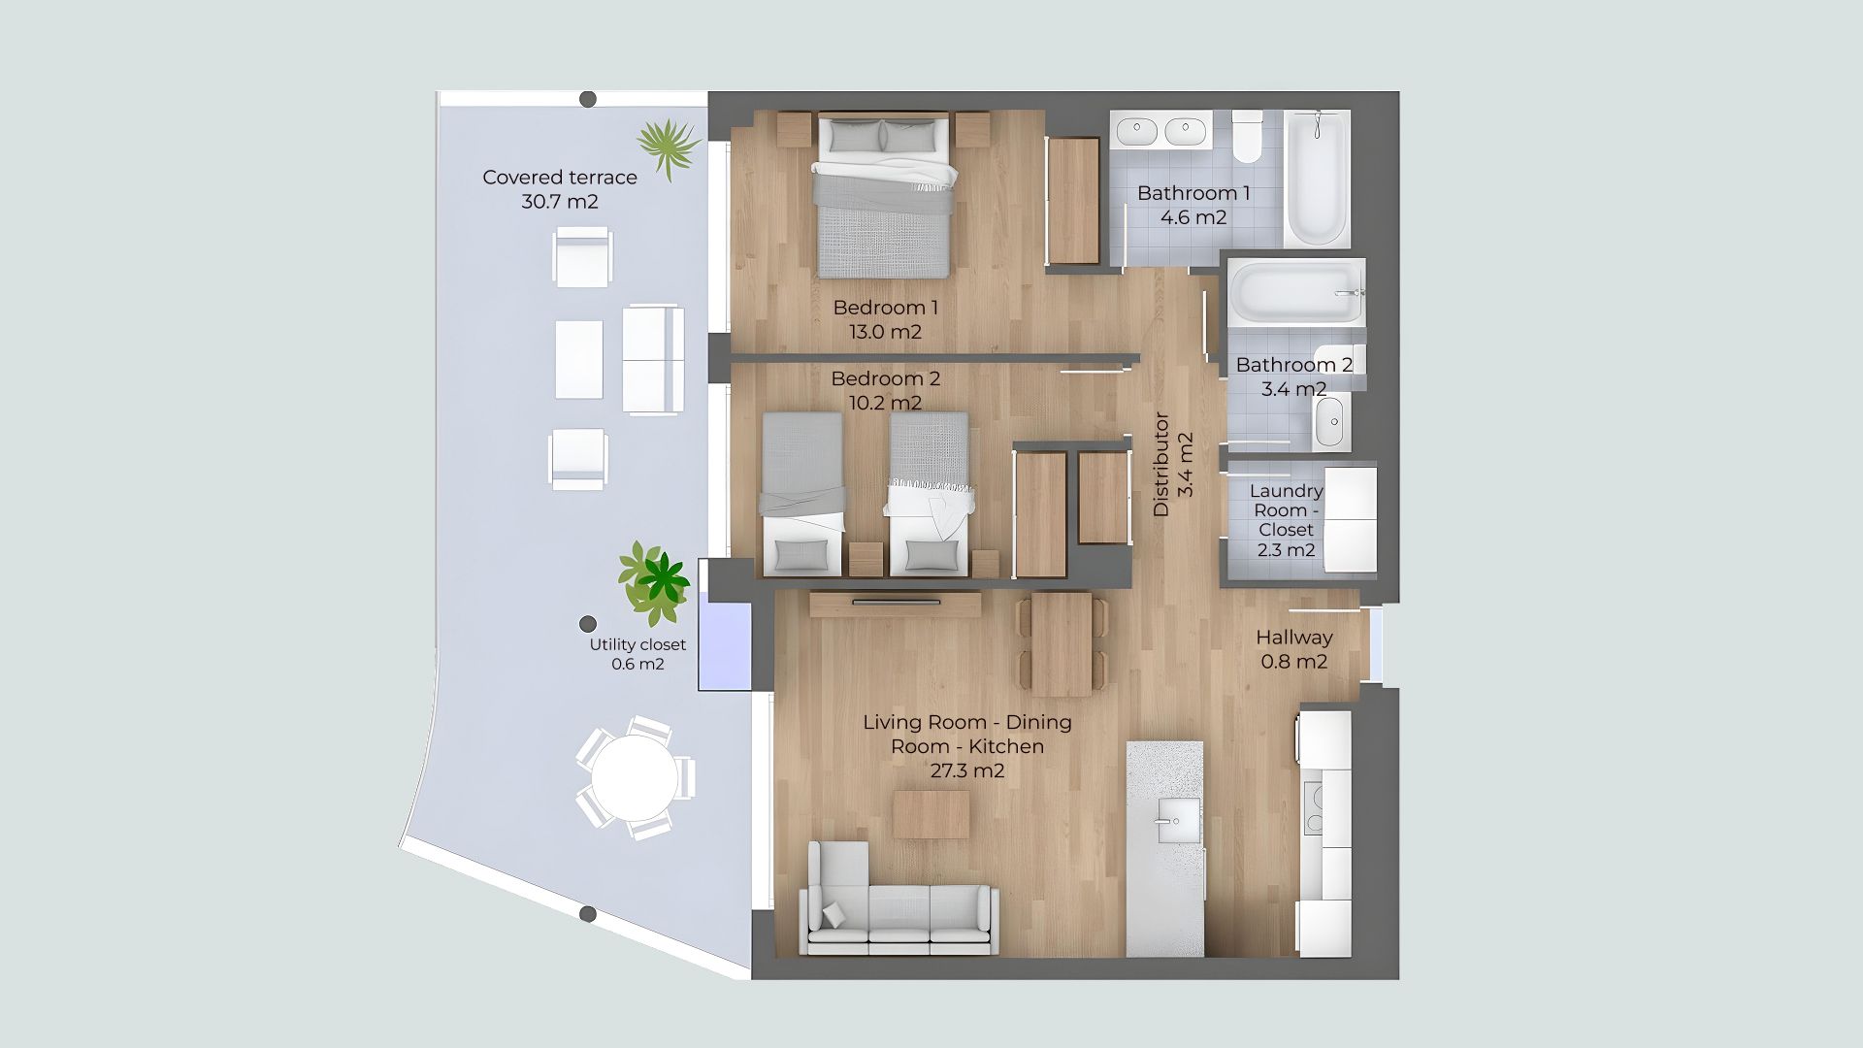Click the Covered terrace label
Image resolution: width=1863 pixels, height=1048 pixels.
coord(560,178)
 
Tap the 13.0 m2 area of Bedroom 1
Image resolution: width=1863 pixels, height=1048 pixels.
coord(885,332)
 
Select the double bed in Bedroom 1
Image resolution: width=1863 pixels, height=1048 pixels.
coord(883,197)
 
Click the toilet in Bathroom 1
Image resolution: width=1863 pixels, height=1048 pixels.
coord(1247,137)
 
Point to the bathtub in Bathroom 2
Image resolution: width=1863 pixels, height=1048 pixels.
coord(1297,294)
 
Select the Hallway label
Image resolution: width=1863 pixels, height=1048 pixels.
coord(1294,638)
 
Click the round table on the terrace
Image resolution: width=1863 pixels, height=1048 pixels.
coord(635,778)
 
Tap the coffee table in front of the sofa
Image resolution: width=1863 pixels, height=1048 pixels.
coord(931,814)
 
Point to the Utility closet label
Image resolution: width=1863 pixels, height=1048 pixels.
coord(637,644)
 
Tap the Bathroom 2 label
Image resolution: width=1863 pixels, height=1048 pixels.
coord(1294,365)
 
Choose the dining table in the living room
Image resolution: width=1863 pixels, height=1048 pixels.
coord(1062,643)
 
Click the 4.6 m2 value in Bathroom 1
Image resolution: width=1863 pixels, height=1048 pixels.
coord(1193,217)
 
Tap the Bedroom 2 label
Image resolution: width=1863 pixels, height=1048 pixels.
coord(886,378)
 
